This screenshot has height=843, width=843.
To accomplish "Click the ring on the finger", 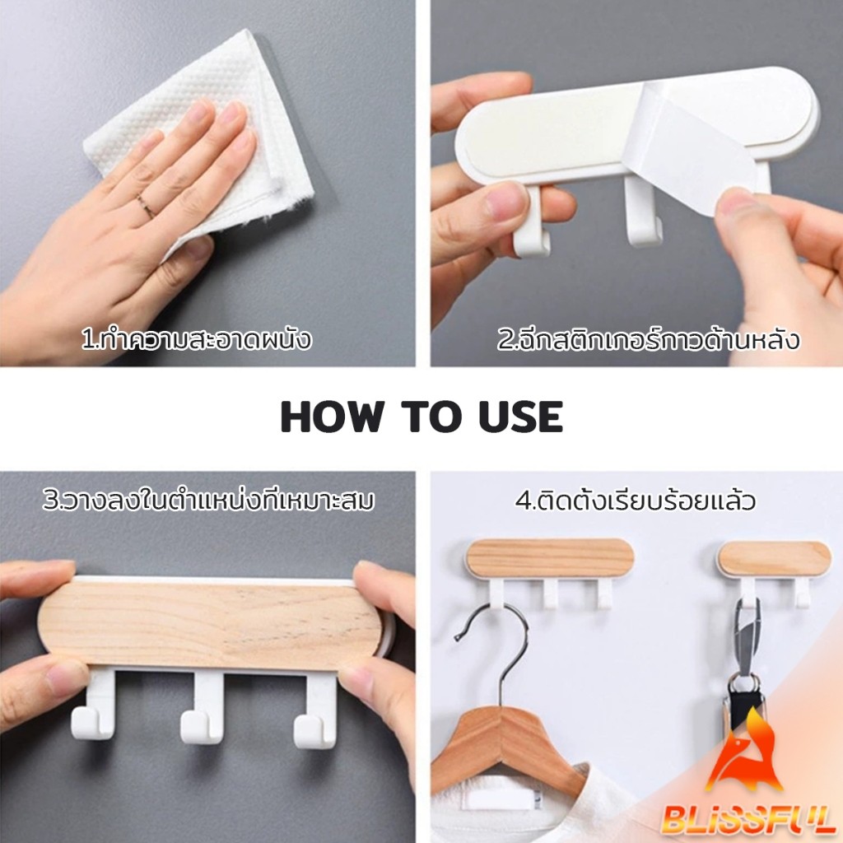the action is [145, 207].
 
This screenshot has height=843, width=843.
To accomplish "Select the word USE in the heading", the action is [520, 417].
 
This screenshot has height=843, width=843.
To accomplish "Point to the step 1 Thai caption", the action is [196, 339].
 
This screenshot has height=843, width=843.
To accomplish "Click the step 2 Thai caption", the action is [648, 339].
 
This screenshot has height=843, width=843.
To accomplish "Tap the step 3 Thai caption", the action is [208, 500].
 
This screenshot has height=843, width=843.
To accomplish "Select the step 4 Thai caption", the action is [636, 501].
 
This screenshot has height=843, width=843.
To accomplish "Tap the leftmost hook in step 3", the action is [92, 705].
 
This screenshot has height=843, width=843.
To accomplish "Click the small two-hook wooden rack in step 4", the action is [774, 570].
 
